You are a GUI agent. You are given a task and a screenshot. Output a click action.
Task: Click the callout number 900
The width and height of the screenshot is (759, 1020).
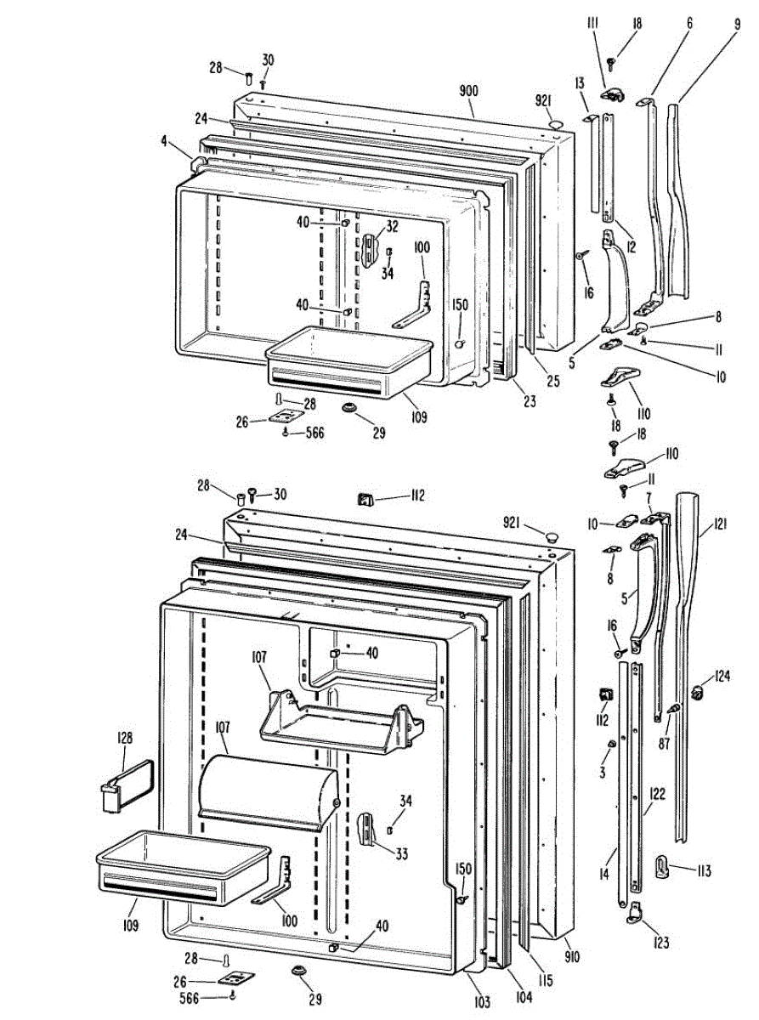[x=468, y=91]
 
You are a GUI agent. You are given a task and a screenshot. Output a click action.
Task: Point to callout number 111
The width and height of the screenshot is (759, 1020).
[x=593, y=24]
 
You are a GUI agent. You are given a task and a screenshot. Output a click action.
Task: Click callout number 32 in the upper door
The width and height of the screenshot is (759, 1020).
[x=392, y=226]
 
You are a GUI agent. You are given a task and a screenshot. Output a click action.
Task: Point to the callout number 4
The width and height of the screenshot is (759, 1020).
[x=164, y=141]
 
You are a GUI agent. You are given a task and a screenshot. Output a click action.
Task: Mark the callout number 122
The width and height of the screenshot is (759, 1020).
[x=657, y=794]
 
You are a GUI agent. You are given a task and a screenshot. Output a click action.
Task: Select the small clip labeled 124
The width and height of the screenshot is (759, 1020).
[x=698, y=691]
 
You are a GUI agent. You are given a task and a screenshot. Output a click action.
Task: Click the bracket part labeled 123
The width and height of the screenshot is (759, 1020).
[x=634, y=913]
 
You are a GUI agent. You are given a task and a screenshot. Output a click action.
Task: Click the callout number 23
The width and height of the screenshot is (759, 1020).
[x=530, y=401]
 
